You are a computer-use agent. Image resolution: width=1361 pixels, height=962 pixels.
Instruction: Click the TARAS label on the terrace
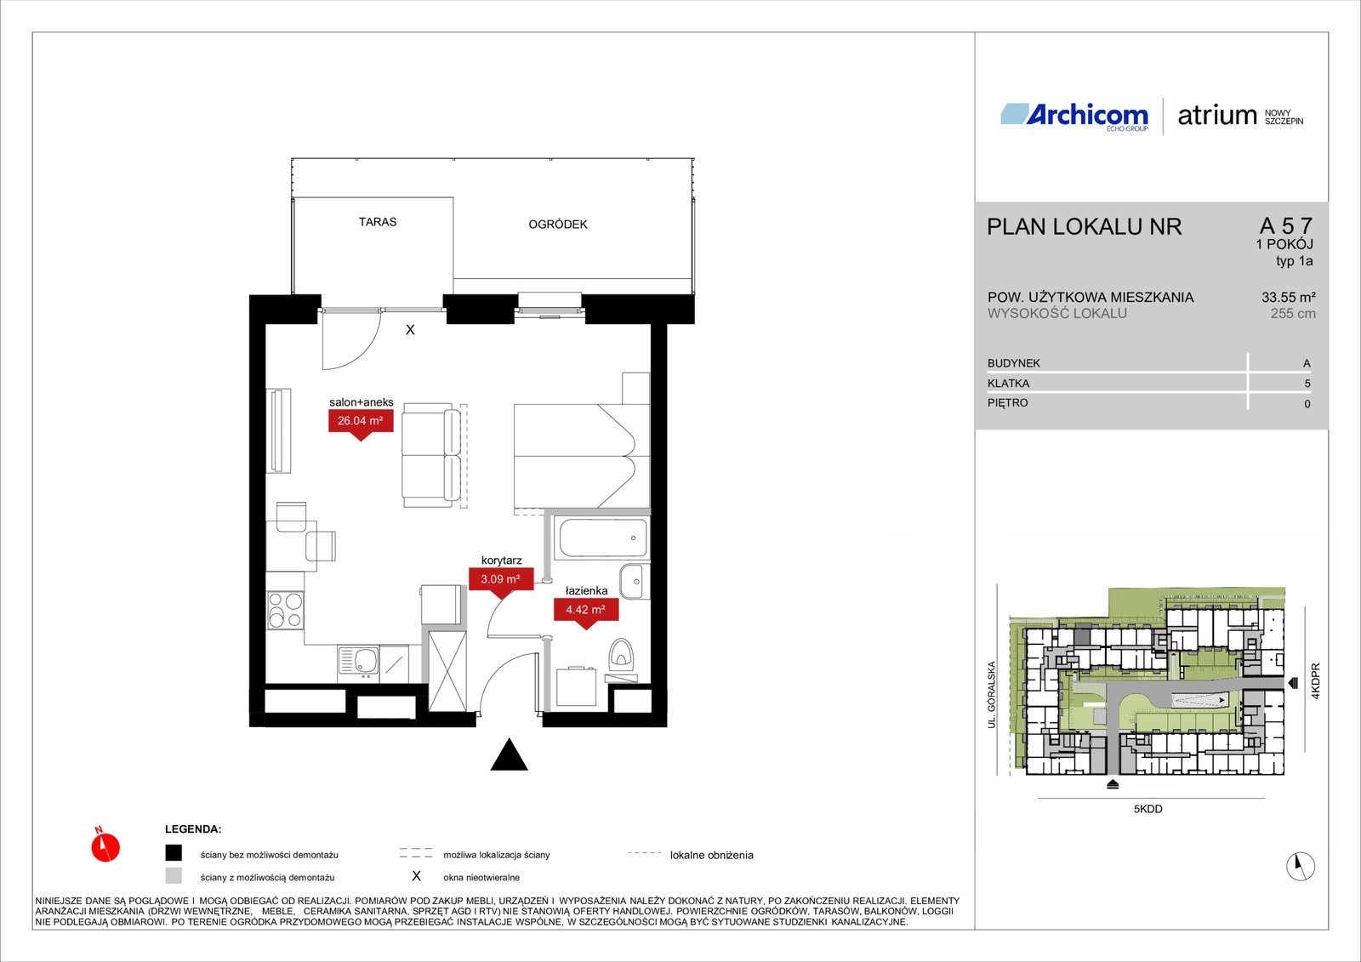(378, 222)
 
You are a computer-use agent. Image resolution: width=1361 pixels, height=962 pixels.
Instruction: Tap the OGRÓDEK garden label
(558, 225)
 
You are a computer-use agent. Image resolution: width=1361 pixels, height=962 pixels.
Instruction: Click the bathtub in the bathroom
(603, 538)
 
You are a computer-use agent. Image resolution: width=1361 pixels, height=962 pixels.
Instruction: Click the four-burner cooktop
(285, 610)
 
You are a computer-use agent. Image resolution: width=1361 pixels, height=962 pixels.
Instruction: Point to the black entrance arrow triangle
(510, 754)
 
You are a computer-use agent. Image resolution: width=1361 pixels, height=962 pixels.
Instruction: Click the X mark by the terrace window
(410, 330)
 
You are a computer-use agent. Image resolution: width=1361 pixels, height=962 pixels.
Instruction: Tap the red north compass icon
(105, 845)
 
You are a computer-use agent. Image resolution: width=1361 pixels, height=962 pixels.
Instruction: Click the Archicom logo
(1074, 116)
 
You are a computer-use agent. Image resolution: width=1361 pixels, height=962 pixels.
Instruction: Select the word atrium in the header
(1217, 116)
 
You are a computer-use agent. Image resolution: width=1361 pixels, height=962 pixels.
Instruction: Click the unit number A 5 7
(1285, 226)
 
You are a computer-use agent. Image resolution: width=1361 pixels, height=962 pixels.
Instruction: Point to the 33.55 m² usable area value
(1289, 298)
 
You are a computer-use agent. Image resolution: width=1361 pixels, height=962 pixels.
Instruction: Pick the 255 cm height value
(1293, 314)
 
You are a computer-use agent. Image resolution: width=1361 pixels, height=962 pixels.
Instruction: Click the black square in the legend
(174, 852)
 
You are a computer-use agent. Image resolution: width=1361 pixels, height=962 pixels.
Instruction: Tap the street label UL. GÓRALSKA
(992, 695)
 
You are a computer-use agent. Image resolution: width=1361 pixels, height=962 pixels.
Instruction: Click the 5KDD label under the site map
(1147, 809)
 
